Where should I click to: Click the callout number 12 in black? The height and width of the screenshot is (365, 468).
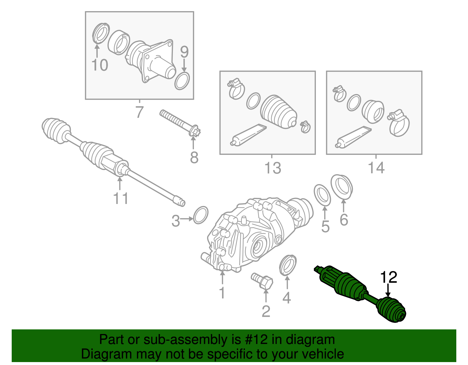(x=388, y=277)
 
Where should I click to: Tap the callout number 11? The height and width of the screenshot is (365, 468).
(x=121, y=199)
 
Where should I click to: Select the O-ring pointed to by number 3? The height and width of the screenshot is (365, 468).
(x=201, y=215)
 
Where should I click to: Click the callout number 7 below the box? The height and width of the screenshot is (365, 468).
(x=140, y=112)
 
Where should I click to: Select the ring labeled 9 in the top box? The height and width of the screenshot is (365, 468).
(x=182, y=81)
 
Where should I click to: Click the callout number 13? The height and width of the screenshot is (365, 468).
(x=272, y=168)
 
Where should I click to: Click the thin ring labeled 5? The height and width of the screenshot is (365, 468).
(x=322, y=195)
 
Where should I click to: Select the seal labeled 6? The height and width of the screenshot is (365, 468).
(x=342, y=187)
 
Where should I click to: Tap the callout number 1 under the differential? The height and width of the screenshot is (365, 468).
(x=222, y=293)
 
